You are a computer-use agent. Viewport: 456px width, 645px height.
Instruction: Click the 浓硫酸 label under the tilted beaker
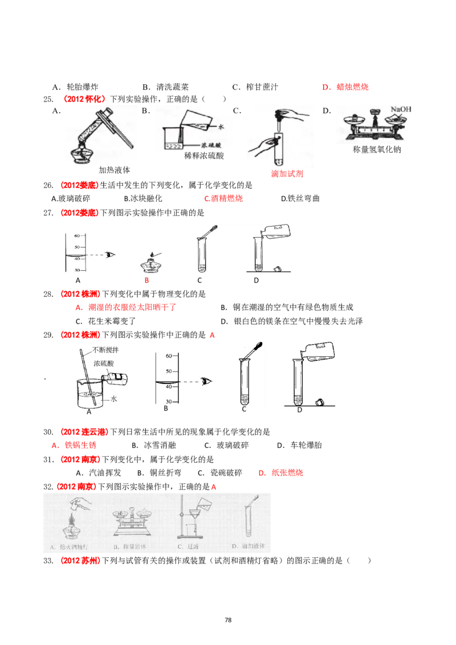[x=213, y=145]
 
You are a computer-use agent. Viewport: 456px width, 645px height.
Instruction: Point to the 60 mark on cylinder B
[x=169, y=356]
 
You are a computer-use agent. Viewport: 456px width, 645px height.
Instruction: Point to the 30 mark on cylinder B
[x=169, y=402]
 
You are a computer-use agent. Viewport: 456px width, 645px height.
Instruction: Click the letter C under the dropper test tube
[x=245, y=409]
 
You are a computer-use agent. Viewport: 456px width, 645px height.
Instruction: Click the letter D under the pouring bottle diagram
[x=299, y=409]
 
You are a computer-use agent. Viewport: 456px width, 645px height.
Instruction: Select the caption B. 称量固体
[x=131, y=548]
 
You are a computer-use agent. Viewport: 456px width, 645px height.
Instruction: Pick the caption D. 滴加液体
[x=250, y=548]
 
